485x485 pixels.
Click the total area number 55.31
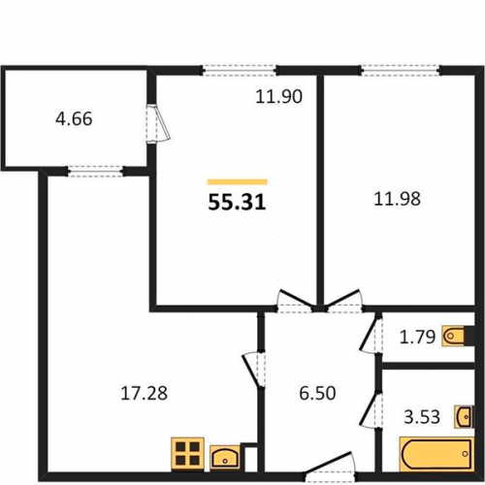click(237, 203)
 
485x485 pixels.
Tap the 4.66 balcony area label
click(74, 118)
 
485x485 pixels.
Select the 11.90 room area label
click(278, 96)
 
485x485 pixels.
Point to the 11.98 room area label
click(397, 199)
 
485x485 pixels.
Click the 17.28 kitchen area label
click(144, 393)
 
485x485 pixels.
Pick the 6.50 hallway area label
click(317, 393)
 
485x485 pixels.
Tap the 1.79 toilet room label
click(417, 337)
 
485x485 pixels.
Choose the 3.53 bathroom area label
click(422, 416)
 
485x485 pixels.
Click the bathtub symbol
click(436, 454)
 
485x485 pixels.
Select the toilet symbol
click(453, 337)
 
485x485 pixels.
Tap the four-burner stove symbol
click(187, 453)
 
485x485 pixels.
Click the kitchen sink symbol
click(225, 457)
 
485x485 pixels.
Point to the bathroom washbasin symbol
click(464, 416)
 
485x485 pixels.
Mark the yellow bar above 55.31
click(238, 181)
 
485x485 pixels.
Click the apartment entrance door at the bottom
click(330, 466)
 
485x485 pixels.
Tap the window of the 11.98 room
click(401, 70)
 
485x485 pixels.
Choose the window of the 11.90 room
click(240, 70)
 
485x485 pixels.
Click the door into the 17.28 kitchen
click(254, 370)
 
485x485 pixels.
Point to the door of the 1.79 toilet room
click(371, 335)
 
